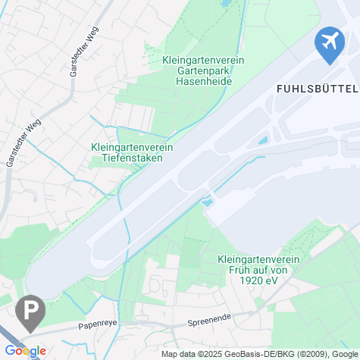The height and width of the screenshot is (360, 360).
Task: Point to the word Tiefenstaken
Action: coord(132,158)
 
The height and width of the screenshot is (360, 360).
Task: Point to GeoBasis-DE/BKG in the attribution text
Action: coord(262,354)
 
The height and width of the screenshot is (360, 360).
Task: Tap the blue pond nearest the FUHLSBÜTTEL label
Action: coord(263,140)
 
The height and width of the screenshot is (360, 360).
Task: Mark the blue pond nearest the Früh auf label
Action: coord(205,202)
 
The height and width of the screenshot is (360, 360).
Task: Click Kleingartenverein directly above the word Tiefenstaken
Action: coord(132,147)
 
